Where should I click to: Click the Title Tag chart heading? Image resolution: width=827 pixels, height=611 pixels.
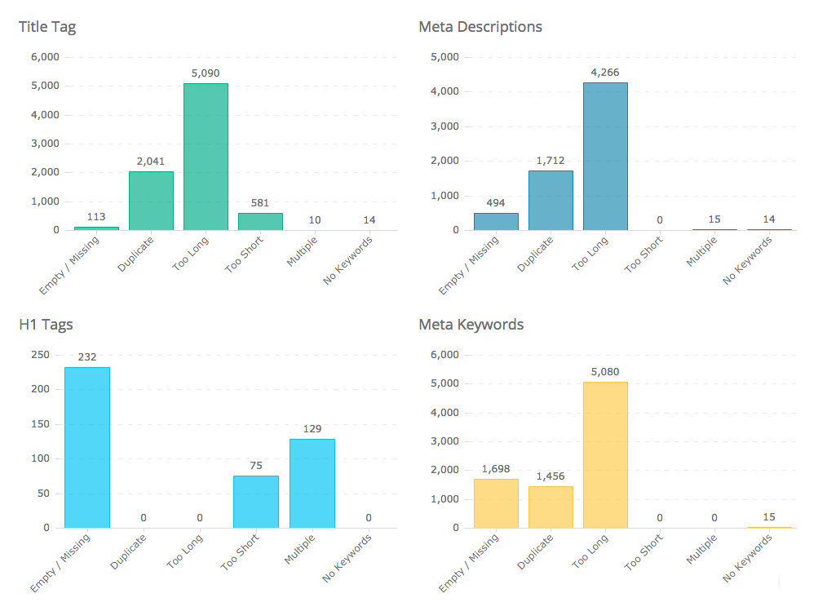point(47,27)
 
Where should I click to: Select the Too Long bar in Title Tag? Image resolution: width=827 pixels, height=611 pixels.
point(206,157)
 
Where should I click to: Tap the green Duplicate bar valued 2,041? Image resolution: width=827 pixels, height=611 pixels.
point(151,201)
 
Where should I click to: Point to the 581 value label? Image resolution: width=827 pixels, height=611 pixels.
point(260,203)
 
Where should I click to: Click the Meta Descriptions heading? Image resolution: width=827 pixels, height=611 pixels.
point(480,27)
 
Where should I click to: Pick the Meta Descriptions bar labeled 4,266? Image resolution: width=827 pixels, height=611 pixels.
point(605,156)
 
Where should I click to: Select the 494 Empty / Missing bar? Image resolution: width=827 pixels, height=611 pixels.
point(496,221)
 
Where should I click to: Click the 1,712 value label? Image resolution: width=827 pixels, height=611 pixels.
point(551,161)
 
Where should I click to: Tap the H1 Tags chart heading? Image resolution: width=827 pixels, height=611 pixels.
point(46,325)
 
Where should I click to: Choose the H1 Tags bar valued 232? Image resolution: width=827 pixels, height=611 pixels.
point(87,447)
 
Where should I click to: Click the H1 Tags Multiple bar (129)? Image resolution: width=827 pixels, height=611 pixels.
point(312,483)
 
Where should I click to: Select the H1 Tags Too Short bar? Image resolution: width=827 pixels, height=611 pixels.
point(256,502)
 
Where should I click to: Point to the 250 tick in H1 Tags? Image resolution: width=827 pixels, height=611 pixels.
point(41,355)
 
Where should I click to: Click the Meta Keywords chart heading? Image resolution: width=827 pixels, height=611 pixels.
point(471,325)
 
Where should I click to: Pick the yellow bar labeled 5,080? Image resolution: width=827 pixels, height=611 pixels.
point(605,454)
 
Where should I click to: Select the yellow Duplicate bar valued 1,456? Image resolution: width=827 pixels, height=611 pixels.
point(551,507)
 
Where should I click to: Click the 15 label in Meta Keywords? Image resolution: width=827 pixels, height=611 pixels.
point(768,517)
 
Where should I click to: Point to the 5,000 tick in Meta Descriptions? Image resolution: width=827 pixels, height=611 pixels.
point(444,57)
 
